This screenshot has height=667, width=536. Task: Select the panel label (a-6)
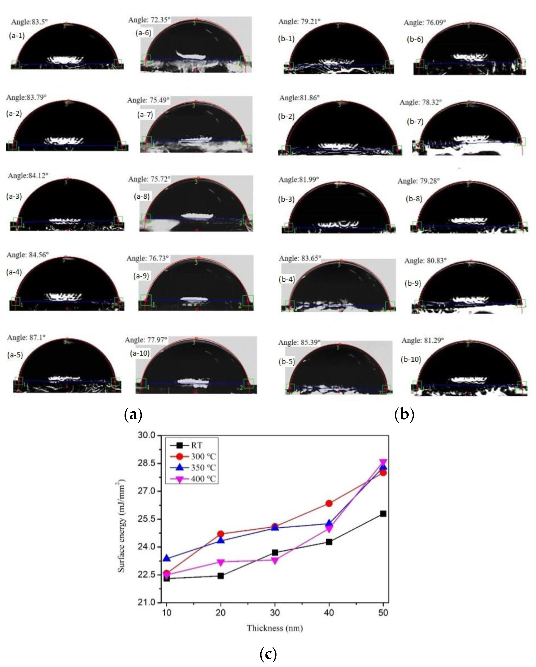(x=143, y=33)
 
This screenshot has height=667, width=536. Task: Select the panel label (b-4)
(x=287, y=279)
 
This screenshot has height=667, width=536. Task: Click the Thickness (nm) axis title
(x=275, y=628)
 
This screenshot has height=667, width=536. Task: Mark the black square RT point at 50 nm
(x=383, y=514)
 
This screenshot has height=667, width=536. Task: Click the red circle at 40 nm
(x=329, y=503)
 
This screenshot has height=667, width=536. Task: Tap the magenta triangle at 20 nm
(x=220, y=562)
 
